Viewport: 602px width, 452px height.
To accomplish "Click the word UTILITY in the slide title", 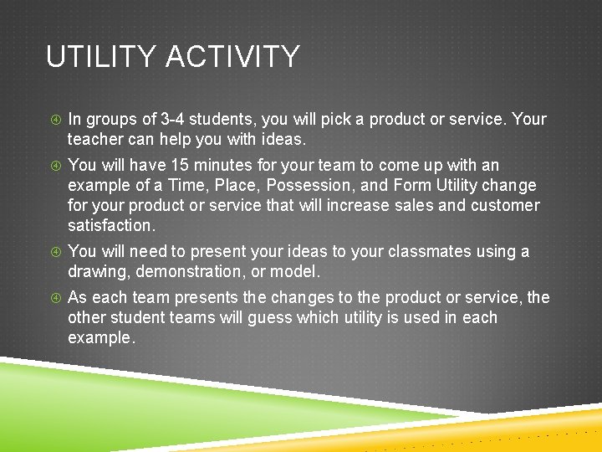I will tap(100, 57).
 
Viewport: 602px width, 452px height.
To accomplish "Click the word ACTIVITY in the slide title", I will tap(232, 57).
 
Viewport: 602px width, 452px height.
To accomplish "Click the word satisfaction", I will tap(110, 225).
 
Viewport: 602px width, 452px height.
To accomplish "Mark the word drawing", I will tap(99, 271).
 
